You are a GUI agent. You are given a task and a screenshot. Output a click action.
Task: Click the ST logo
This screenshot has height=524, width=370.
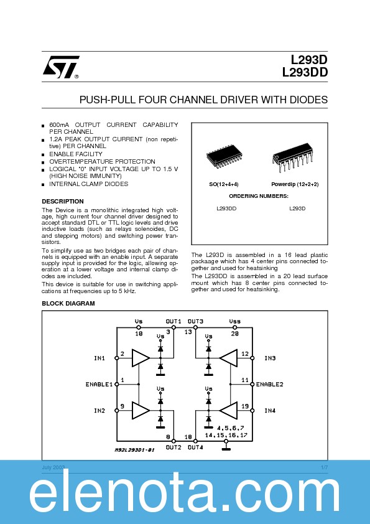click(x=61, y=67)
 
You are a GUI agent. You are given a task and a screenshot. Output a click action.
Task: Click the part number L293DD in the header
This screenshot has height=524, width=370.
click(x=305, y=72)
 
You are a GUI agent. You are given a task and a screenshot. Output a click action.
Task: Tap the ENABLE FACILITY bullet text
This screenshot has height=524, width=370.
click(x=76, y=154)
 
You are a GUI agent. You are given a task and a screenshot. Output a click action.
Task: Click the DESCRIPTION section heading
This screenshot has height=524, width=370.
click(x=63, y=202)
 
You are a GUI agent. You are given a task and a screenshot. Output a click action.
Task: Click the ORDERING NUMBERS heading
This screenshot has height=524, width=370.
click(x=260, y=196)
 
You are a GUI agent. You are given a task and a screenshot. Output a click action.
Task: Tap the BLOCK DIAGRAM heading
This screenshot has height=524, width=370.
click(x=68, y=303)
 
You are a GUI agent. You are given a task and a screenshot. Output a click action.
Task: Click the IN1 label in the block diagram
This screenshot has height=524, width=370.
click(x=99, y=358)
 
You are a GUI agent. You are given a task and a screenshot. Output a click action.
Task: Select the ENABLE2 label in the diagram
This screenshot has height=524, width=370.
click(x=269, y=385)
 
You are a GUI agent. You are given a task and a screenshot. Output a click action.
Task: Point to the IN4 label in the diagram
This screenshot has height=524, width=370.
click(x=269, y=411)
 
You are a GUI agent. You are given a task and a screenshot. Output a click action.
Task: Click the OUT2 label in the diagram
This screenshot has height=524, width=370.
click(x=173, y=447)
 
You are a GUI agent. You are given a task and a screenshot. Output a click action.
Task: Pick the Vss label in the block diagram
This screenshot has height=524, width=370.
click(x=234, y=322)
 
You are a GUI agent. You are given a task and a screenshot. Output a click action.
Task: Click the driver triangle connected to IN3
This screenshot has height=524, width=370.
click(x=228, y=358)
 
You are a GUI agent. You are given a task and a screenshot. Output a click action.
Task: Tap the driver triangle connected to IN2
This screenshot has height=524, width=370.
click(x=141, y=411)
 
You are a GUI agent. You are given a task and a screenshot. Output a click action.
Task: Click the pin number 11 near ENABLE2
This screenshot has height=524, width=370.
click(x=245, y=379)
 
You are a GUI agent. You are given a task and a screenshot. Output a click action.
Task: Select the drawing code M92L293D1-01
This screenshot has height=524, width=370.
click(x=135, y=449)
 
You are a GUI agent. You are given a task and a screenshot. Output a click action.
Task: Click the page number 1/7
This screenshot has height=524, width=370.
click(x=324, y=467)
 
